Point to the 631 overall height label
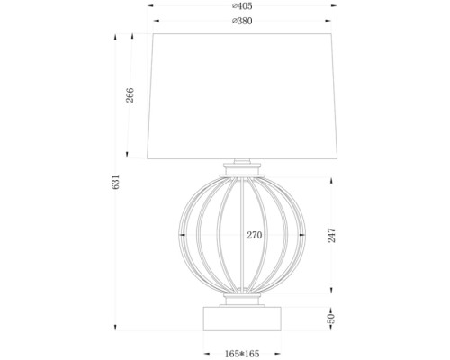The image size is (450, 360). click(116, 183)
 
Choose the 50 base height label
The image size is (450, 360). click(332, 319)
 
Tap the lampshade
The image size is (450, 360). click(242, 94)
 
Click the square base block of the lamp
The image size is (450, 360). click(243, 319)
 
